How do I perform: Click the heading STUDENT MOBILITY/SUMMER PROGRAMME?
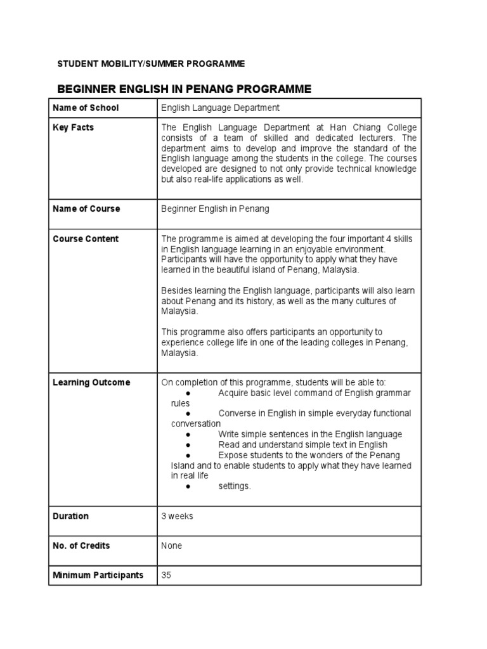[151, 64]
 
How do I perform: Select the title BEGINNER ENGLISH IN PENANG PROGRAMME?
[185, 89]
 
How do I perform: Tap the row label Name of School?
[86, 108]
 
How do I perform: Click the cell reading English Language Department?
[220, 108]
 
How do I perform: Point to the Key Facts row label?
[73, 127]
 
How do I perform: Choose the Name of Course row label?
[86, 209]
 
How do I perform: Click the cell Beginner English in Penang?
[215, 209]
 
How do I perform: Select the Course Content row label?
[86, 239]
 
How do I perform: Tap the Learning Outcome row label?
[91, 382]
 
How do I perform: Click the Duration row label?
[71, 516]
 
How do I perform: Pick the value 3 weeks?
[178, 516]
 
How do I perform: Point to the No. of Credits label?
[81, 546]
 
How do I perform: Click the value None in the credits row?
[172, 546]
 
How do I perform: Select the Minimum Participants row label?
[98, 575]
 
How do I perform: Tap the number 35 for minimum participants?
[167, 575]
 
